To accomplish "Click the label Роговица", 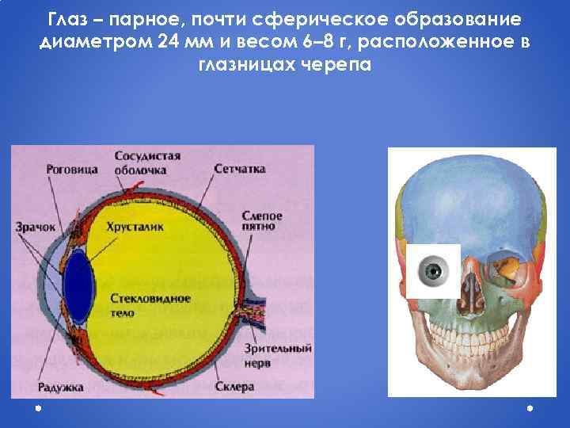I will click(x=71, y=170).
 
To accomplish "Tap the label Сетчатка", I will click(x=239, y=169).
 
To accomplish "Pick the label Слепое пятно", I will click(x=261, y=221).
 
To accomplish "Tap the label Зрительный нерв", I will click(x=287, y=354).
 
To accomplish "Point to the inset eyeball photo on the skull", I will click(x=434, y=272).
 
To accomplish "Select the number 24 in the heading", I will click(x=168, y=41).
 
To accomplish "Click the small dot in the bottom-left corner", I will click(x=37, y=409).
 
